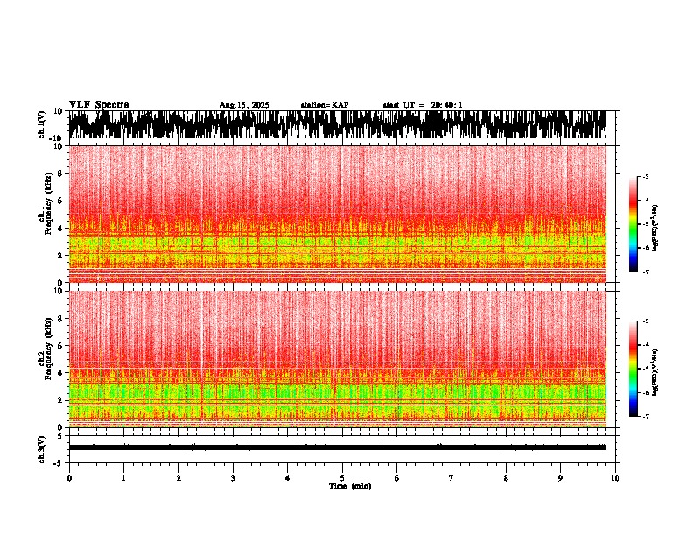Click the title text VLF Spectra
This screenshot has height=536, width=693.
pos(99,104)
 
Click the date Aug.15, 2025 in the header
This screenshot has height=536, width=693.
pos(244,105)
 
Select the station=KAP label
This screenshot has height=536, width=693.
pos(325,105)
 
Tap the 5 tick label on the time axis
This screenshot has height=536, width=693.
pos(342,478)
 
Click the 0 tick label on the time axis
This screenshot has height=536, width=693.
pos(69,478)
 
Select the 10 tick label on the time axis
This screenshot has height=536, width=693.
pos(616,478)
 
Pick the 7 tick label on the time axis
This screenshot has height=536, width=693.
pos(451,478)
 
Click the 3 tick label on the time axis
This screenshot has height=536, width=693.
pos(233,478)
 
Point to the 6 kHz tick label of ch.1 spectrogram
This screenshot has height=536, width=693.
pos(59,201)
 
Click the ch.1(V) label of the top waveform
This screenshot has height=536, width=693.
pos(41,124)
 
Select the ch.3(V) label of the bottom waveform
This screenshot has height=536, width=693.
pos(41,448)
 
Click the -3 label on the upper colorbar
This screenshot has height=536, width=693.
pos(646,177)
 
